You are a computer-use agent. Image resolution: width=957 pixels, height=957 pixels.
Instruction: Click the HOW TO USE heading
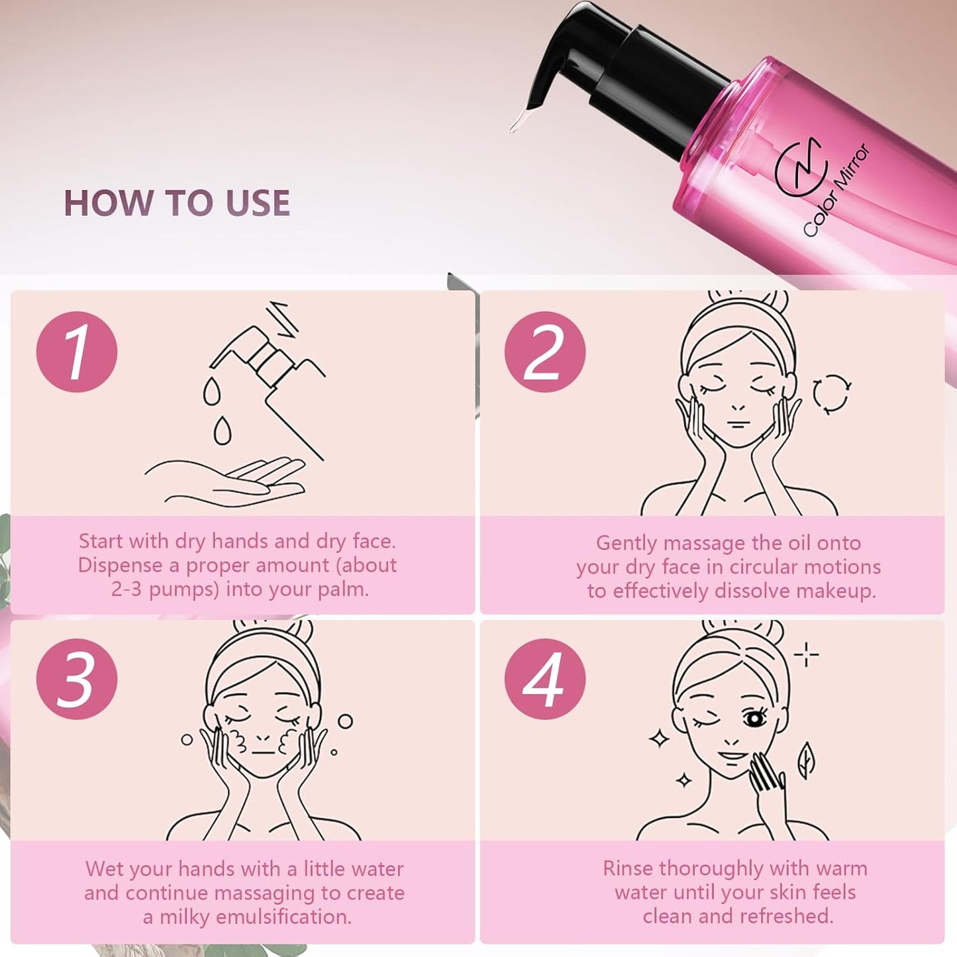(176, 203)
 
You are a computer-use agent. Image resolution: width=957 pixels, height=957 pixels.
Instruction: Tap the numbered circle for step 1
(77, 352)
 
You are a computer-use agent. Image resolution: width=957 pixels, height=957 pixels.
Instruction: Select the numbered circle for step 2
(544, 352)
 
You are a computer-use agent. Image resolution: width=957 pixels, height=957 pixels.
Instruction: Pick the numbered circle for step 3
(77, 679)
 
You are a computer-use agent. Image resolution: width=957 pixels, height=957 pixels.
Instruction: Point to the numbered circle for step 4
(544, 679)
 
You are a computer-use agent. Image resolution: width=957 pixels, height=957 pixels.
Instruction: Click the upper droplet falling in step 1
(211, 391)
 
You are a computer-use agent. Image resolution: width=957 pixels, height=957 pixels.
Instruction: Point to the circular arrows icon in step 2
(831, 393)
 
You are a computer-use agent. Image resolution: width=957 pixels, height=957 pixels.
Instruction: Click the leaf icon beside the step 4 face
(806, 760)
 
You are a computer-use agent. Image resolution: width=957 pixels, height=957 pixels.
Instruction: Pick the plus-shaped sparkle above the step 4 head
(806, 654)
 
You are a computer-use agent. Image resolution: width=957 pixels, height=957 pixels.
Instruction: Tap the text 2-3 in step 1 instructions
(126, 589)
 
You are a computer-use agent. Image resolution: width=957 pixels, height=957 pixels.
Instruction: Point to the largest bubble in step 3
(345, 721)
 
